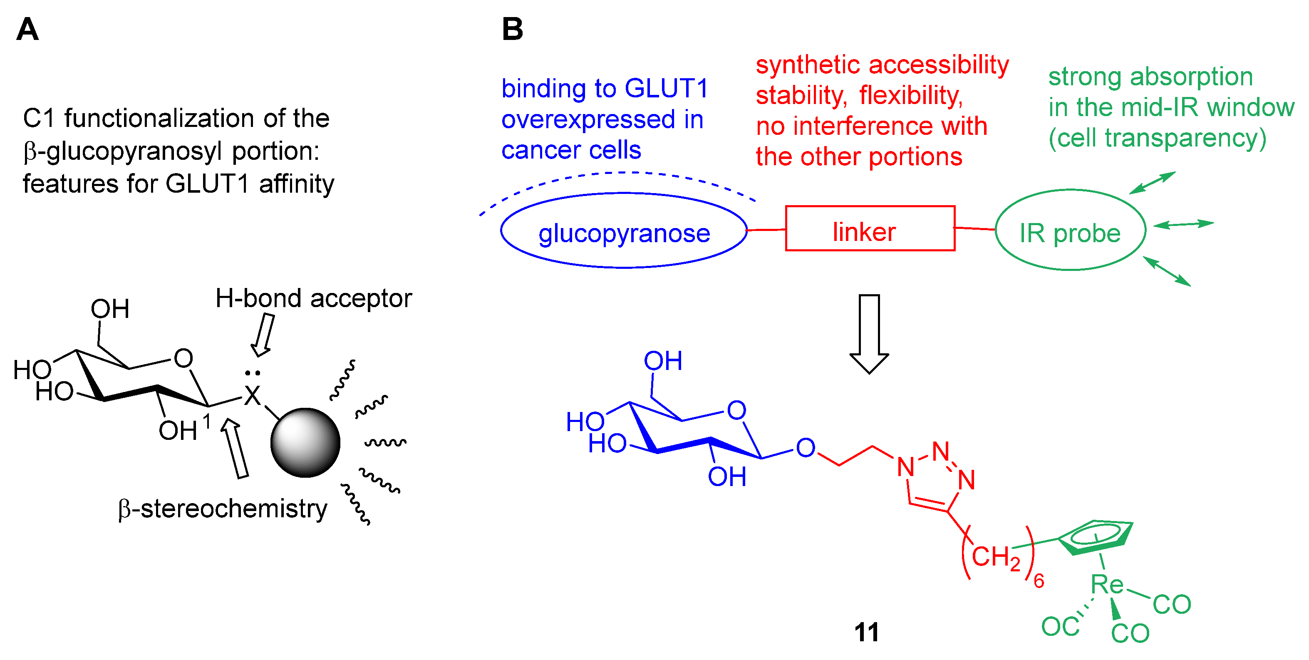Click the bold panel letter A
coord(27,29)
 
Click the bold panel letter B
coord(512,29)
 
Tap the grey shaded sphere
coord(305,442)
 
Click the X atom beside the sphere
coord(252,395)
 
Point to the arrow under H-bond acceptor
coord(264,335)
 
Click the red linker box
coord(870,228)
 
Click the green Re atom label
coord(1107,584)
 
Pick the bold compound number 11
coord(866,633)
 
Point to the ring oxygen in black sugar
coord(183,358)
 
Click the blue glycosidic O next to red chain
coord(806,448)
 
